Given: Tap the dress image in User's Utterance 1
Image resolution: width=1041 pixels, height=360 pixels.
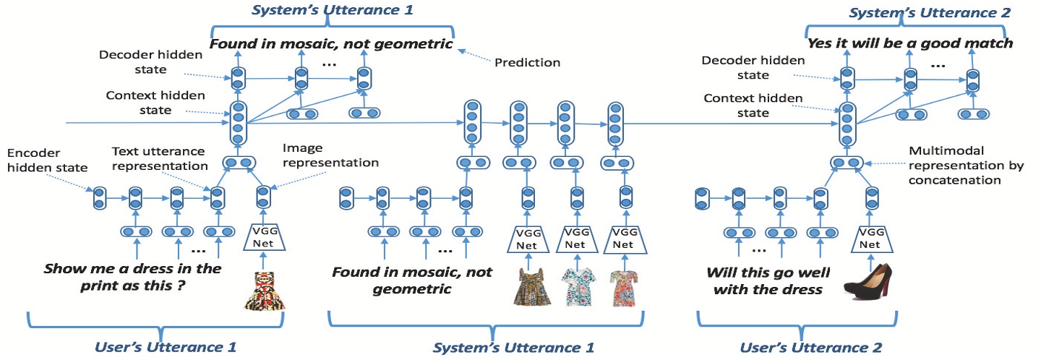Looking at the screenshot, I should pyautogui.click(x=264, y=291).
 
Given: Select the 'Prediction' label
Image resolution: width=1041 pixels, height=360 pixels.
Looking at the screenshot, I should pyautogui.click(x=527, y=63).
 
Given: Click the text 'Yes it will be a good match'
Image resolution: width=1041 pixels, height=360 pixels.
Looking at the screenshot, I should pyautogui.click(x=910, y=43).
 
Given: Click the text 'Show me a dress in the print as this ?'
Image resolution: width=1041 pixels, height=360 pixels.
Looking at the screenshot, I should pyautogui.click(x=132, y=275).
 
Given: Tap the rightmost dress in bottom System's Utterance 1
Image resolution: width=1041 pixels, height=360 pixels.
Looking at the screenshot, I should pyautogui.click(x=625, y=287).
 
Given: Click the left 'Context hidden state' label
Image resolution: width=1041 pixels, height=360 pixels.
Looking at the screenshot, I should pyautogui.click(x=145, y=103).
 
